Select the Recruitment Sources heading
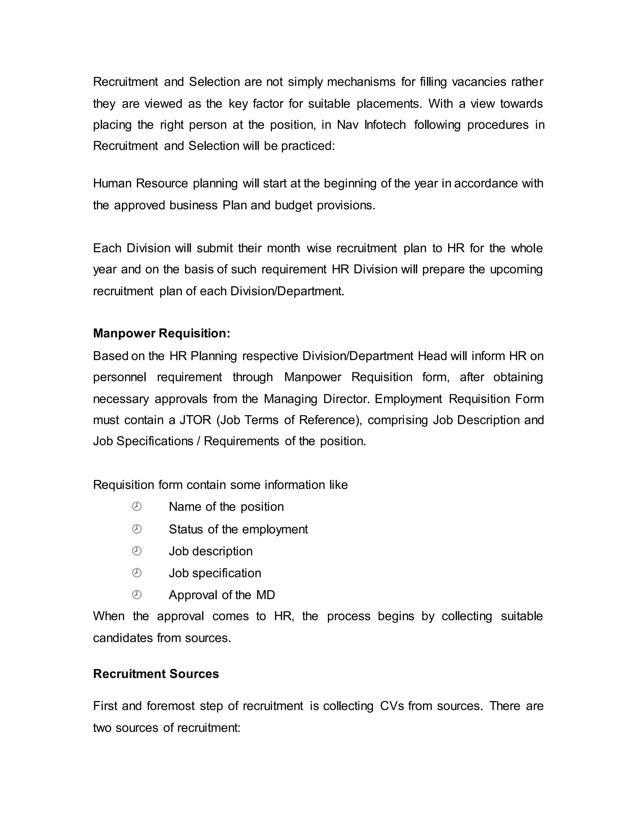tap(156, 674)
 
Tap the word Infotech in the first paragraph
tap(385, 125)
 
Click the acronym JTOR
tap(195, 420)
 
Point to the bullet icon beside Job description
tap(137, 551)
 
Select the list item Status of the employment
tap(238, 529)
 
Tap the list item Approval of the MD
tap(222, 595)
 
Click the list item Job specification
tap(215, 573)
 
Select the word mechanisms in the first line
tap(361, 82)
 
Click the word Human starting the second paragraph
tap(112, 183)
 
